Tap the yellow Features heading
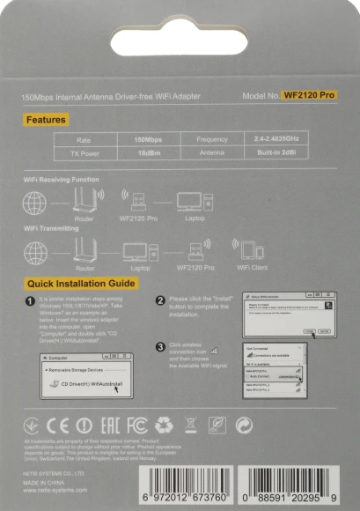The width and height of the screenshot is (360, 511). coord(46,120)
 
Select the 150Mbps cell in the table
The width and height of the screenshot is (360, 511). coord(147,139)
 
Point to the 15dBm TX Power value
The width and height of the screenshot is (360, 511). coord(147,152)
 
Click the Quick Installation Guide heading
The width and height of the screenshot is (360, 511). coord(81,284)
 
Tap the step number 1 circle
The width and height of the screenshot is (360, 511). coord(31,301)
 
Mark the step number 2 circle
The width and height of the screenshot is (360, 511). coord(160,300)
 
